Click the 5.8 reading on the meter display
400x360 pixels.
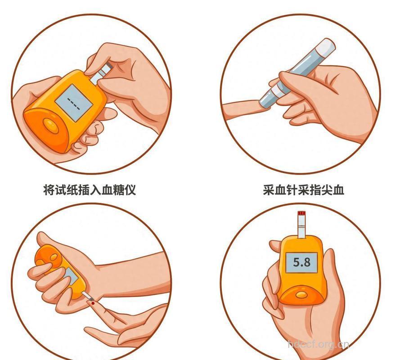(301, 262)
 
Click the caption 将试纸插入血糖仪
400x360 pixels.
(90, 190)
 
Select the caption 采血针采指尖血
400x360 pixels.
(304, 190)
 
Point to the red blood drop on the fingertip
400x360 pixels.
(92, 304)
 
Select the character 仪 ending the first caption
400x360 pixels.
(130, 190)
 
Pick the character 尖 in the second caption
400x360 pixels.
(327, 190)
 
